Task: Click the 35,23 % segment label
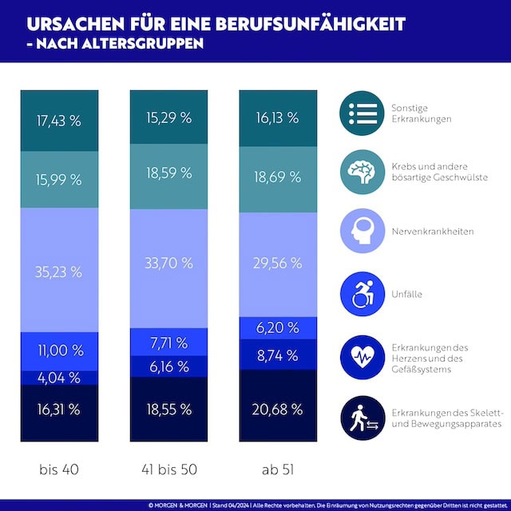click(x=60, y=271)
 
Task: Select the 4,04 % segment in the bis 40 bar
click(x=60, y=377)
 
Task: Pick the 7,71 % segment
click(x=169, y=343)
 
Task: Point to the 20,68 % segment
click(x=279, y=410)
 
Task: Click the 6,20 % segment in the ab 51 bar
click(x=279, y=327)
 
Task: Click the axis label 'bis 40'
click(x=60, y=469)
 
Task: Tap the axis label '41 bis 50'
click(x=169, y=469)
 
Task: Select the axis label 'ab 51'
click(x=279, y=469)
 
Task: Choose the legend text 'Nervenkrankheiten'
click(x=432, y=232)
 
